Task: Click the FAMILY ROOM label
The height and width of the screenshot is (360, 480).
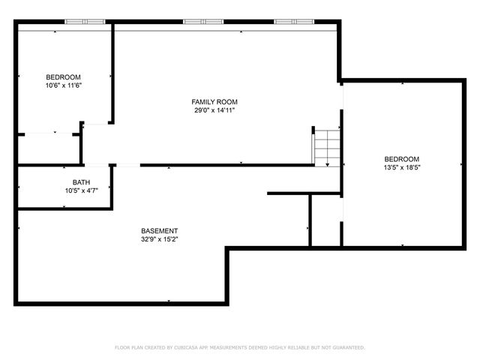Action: click(214, 101)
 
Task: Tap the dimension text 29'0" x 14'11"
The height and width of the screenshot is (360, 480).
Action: click(214, 110)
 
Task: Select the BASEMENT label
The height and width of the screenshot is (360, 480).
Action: click(159, 230)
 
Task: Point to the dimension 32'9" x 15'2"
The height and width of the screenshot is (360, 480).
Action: click(159, 239)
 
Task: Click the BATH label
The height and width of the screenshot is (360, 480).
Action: click(81, 182)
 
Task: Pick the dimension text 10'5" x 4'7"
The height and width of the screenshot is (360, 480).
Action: click(81, 191)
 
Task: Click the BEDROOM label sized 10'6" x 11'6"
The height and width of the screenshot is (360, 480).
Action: click(63, 77)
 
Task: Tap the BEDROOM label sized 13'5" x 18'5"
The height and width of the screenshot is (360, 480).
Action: click(402, 159)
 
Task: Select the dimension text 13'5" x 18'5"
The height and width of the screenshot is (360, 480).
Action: click(402, 168)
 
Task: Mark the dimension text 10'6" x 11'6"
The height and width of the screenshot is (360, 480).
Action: click(63, 85)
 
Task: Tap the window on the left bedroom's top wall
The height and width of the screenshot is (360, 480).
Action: click(84, 22)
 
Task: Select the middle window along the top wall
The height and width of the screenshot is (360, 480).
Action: click(203, 22)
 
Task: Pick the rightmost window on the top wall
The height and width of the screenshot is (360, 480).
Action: click(293, 22)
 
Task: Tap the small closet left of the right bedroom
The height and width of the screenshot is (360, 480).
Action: click(325, 219)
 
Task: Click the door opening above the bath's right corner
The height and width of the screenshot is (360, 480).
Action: click(127, 165)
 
